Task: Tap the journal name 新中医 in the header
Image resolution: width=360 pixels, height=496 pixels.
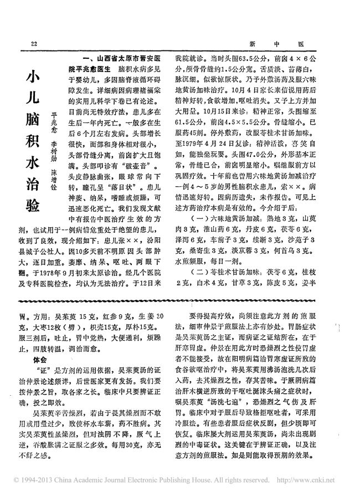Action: [x=282, y=44]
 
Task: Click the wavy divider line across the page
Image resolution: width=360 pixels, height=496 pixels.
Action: [x=180, y=298]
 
